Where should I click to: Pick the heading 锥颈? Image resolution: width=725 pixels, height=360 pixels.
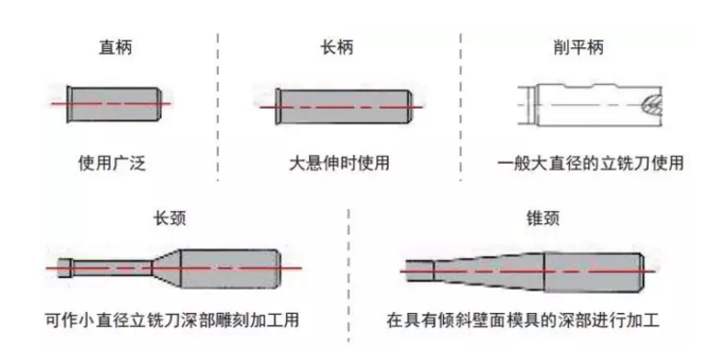(520, 219)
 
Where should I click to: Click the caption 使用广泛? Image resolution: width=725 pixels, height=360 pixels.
(116, 162)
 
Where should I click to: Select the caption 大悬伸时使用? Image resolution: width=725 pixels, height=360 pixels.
(339, 162)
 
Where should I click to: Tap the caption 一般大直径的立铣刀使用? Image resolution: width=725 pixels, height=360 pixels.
(590, 162)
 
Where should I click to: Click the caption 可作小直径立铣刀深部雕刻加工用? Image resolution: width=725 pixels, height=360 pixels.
(178, 319)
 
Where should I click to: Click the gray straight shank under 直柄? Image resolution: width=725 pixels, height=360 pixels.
(116, 103)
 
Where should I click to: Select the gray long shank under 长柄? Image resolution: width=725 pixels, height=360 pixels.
(342, 103)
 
